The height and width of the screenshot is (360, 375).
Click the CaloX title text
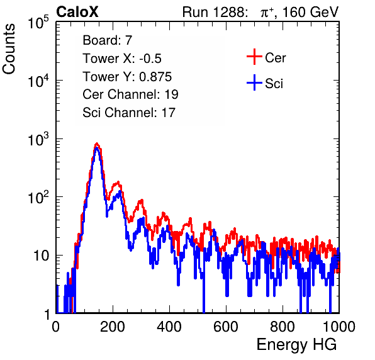pos(77,12)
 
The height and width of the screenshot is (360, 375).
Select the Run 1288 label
pos(215,12)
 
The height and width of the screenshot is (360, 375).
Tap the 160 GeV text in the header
pos(310,12)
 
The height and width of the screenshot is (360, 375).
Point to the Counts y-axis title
pos(9,49)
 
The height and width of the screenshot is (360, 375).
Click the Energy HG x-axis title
pos(296,345)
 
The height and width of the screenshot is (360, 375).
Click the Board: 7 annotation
pos(108,40)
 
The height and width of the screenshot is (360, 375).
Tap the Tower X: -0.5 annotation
pos(122,59)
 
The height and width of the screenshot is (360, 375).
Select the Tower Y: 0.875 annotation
pos(127,77)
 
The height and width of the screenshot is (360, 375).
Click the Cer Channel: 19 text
pos(130,94)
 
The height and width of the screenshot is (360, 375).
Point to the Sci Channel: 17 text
pos(129,113)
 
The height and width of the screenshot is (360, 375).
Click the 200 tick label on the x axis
pos(113,327)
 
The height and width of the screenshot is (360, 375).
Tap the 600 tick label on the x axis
pos(226,327)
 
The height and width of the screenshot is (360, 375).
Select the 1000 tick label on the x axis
pos(339,327)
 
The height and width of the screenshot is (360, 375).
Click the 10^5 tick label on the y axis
pos(38,22)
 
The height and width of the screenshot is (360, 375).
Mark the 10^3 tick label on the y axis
pos(38,139)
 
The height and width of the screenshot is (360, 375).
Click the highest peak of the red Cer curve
pos(97,143)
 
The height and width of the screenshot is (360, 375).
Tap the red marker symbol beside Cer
pos(254,57)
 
